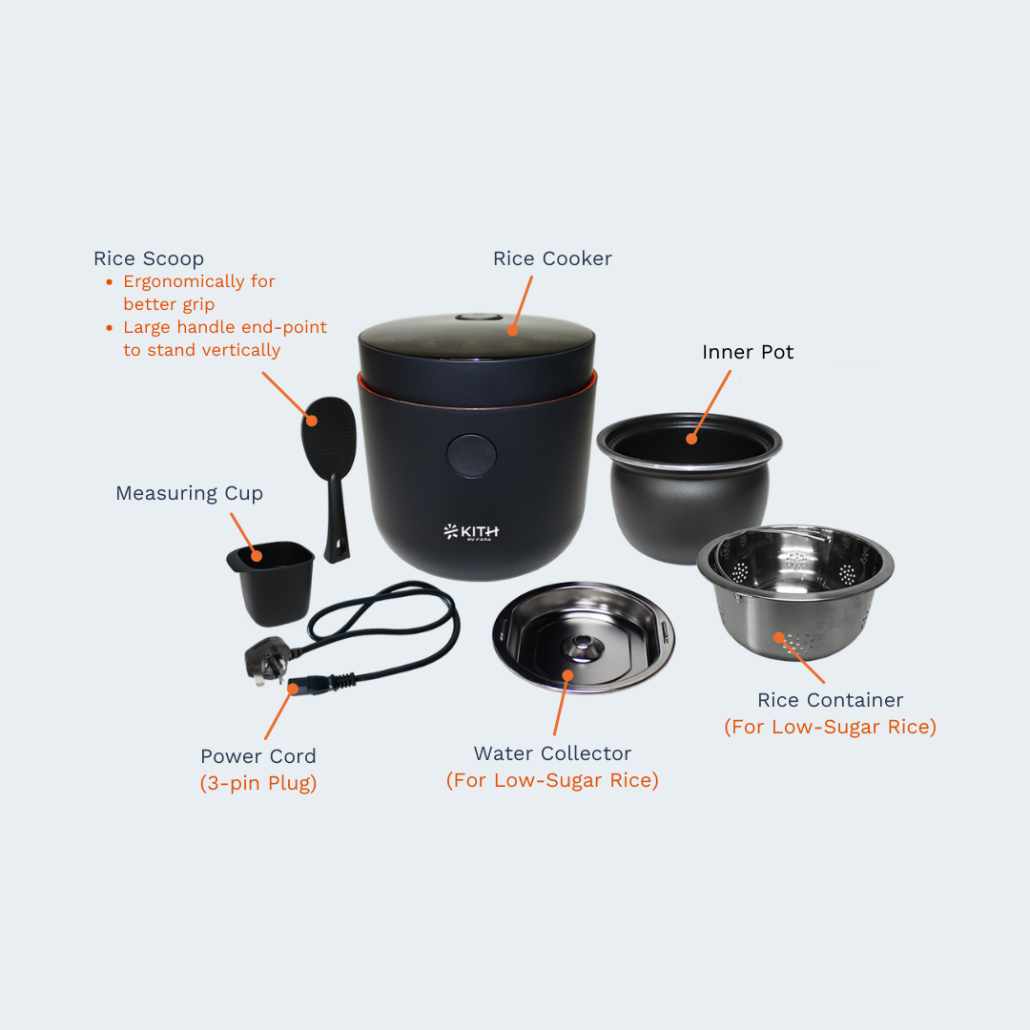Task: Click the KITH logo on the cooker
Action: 471,531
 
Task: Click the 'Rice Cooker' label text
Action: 552,258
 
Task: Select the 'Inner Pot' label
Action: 748,352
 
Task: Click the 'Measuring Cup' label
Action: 189,493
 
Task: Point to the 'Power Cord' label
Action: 257,756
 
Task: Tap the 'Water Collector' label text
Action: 552,753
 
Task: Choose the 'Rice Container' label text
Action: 830,700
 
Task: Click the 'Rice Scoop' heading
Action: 149,258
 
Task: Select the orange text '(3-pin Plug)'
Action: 257,783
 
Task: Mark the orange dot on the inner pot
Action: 691,439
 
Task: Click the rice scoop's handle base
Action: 334,552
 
